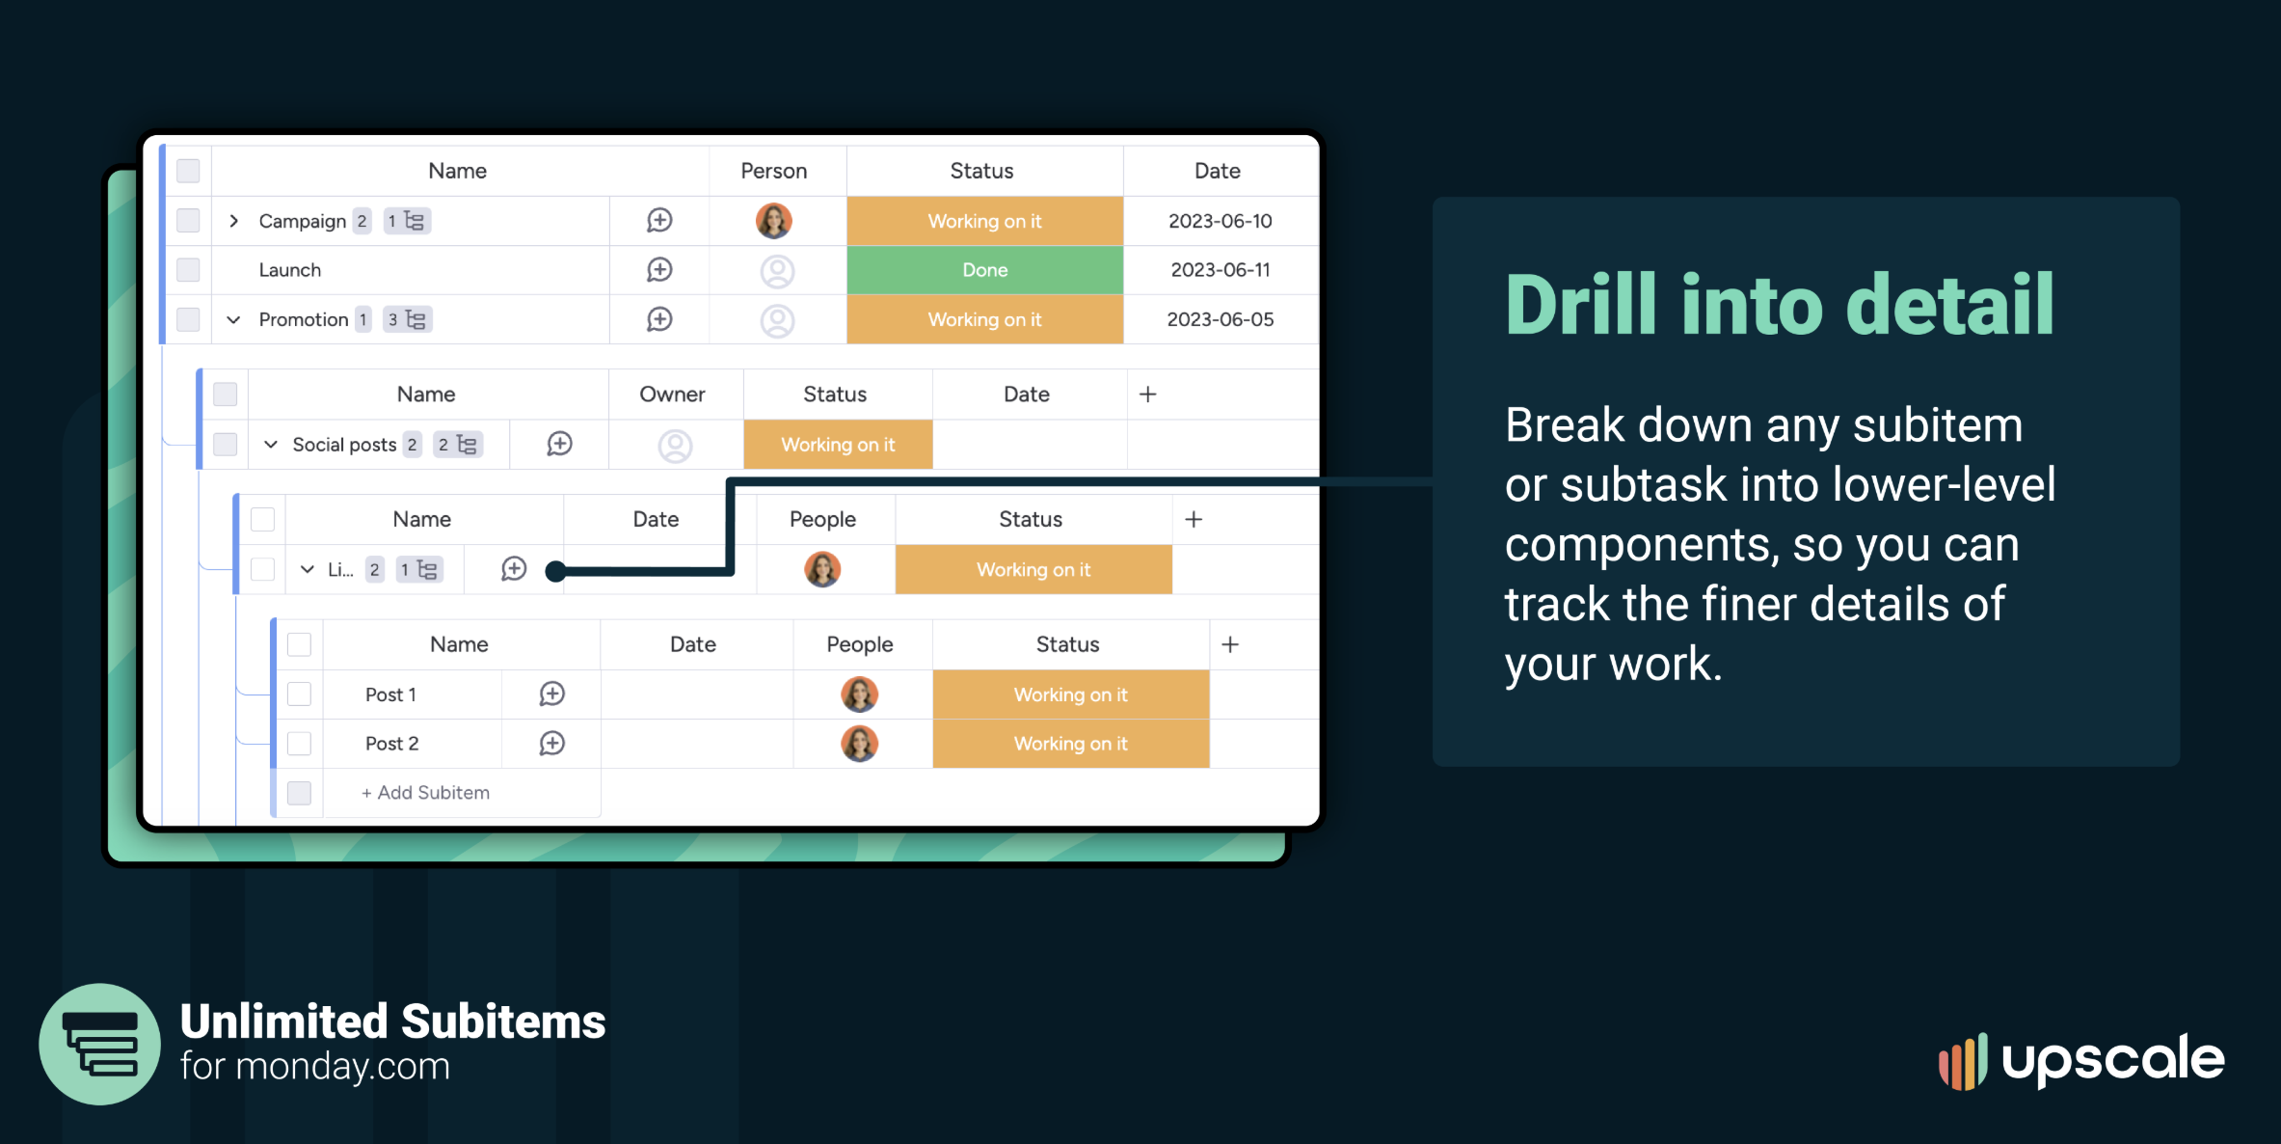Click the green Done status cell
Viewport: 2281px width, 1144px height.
(984, 270)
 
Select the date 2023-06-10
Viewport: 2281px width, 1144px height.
(1220, 221)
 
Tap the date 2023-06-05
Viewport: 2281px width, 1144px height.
(1220, 319)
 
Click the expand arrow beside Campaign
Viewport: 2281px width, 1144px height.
(233, 221)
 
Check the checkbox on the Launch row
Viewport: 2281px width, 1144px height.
(188, 270)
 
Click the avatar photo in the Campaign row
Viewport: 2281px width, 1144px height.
(774, 221)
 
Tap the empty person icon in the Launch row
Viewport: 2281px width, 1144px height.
(777, 271)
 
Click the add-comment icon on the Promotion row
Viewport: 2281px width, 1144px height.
(659, 319)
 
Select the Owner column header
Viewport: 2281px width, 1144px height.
(672, 395)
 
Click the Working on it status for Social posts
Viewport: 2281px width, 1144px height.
(838, 445)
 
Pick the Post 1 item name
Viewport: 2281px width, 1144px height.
(390, 695)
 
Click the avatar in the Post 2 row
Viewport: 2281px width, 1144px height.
(859, 744)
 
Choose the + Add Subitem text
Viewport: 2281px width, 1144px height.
(425, 793)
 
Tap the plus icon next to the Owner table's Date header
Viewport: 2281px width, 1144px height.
(1147, 395)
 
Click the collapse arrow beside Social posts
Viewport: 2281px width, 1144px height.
(271, 445)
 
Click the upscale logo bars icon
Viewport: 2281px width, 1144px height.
(1963, 1062)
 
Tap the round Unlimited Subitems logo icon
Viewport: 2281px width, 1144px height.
(99, 1044)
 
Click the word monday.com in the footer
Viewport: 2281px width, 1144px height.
(342, 1067)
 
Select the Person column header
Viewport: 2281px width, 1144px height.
(773, 171)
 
